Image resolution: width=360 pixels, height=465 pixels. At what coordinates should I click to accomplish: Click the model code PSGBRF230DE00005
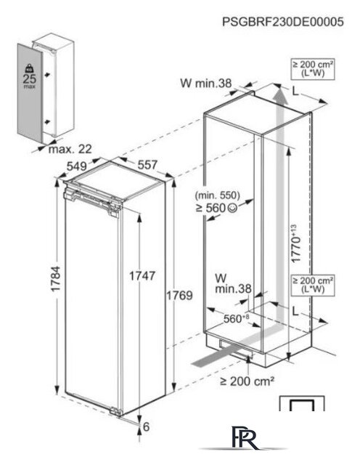[x=283, y=22]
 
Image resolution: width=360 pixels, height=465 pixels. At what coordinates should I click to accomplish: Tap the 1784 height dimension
[x=56, y=279]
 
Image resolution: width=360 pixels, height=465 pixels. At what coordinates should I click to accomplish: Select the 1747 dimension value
[x=142, y=276]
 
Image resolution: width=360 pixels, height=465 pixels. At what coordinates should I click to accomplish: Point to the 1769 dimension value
[x=179, y=295]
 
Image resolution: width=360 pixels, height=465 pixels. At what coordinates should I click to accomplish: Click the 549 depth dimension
[x=77, y=166]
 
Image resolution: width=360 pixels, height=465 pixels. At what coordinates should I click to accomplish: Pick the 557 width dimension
[x=147, y=165]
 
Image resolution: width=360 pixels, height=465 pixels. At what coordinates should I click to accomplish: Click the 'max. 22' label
[x=70, y=149]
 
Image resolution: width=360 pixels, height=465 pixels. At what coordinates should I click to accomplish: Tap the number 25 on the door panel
[x=29, y=78]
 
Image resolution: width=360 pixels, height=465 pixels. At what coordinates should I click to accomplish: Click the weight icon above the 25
[x=29, y=68]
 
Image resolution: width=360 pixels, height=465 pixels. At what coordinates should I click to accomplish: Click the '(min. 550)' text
[x=218, y=195]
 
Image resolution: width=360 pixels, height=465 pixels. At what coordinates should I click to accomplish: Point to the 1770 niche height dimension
[x=295, y=244]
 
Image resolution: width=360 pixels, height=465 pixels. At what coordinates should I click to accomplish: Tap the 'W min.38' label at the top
[x=206, y=84]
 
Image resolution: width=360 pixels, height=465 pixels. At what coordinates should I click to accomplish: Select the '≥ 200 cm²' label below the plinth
[x=247, y=381]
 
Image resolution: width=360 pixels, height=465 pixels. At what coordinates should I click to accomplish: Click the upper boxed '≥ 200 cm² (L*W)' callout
[x=313, y=69]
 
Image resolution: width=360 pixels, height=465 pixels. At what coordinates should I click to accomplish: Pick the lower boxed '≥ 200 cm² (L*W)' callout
[x=313, y=285]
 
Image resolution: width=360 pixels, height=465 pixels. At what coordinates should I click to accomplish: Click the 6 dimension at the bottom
[x=147, y=426]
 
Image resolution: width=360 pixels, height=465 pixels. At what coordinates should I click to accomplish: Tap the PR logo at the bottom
[x=244, y=437]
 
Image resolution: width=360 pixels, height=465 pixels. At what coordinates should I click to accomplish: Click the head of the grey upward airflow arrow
[x=281, y=94]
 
